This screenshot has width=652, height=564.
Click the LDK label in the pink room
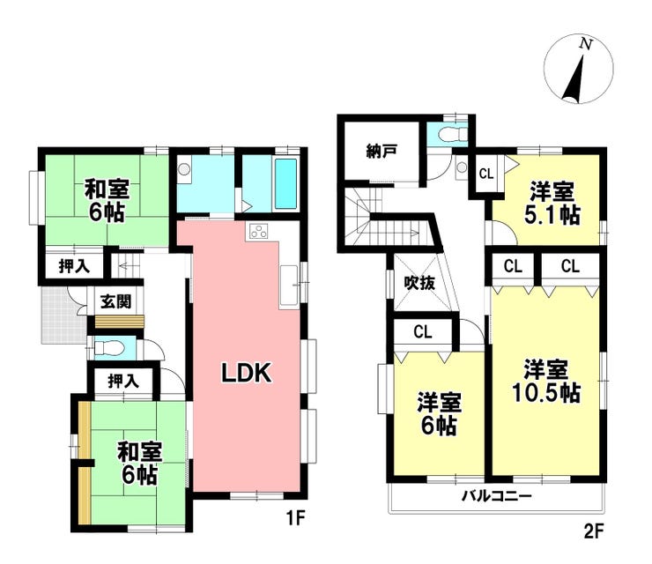(x=246, y=373)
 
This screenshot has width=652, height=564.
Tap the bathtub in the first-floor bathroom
(x=286, y=184)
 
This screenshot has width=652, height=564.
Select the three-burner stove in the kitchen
(x=259, y=232)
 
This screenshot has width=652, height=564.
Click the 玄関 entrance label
(x=116, y=301)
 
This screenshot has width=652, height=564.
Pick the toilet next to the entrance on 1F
(x=107, y=347)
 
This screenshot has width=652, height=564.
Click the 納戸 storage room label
(x=381, y=152)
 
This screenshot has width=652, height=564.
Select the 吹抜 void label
(x=419, y=283)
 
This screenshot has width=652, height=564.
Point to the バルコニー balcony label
(x=497, y=496)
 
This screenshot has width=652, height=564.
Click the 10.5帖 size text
(x=546, y=393)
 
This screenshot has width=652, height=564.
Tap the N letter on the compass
(x=586, y=44)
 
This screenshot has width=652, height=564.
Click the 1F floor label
(x=295, y=518)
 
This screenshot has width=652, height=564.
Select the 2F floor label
(x=593, y=531)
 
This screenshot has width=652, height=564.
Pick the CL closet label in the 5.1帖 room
(x=486, y=174)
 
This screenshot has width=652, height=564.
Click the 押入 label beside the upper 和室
(x=74, y=266)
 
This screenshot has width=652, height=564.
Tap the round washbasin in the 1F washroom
(x=184, y=169)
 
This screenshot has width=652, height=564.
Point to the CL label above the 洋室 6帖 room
(x=423, y=332)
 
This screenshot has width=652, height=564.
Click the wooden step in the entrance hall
(x=120, y=323)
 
